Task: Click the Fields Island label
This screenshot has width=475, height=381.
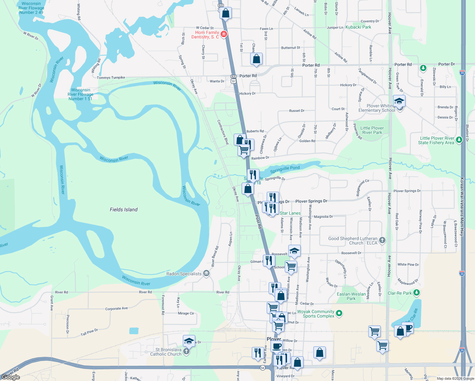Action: coord(124,210)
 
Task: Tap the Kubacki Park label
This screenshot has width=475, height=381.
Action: coord(358,27)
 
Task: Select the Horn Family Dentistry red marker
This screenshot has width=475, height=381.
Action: coord(224,34)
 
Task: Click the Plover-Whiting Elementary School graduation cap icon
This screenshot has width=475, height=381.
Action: coord(399,101)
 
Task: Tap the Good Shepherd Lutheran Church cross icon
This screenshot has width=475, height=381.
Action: coord(382,240)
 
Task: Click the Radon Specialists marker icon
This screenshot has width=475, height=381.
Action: coord(206,273)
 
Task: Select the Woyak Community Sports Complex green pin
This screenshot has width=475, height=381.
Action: coord(339,313)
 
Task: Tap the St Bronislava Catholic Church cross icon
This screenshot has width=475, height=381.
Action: coord(186,351)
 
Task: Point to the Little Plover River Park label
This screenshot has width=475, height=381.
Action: coord(372,130)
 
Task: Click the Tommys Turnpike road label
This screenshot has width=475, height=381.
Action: coord(111,78)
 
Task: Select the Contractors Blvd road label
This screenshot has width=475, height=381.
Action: coord(223,132)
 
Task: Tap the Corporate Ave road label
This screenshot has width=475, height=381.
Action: coord(117,309)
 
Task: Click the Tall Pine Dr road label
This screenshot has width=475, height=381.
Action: coord(89,332)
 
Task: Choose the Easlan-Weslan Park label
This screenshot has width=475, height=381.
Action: coord(351,296)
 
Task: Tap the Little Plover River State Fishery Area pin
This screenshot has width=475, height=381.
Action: coord(459,140)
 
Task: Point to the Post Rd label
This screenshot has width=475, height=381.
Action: coord(259,222)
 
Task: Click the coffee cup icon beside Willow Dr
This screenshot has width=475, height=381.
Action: coord(277,345)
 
